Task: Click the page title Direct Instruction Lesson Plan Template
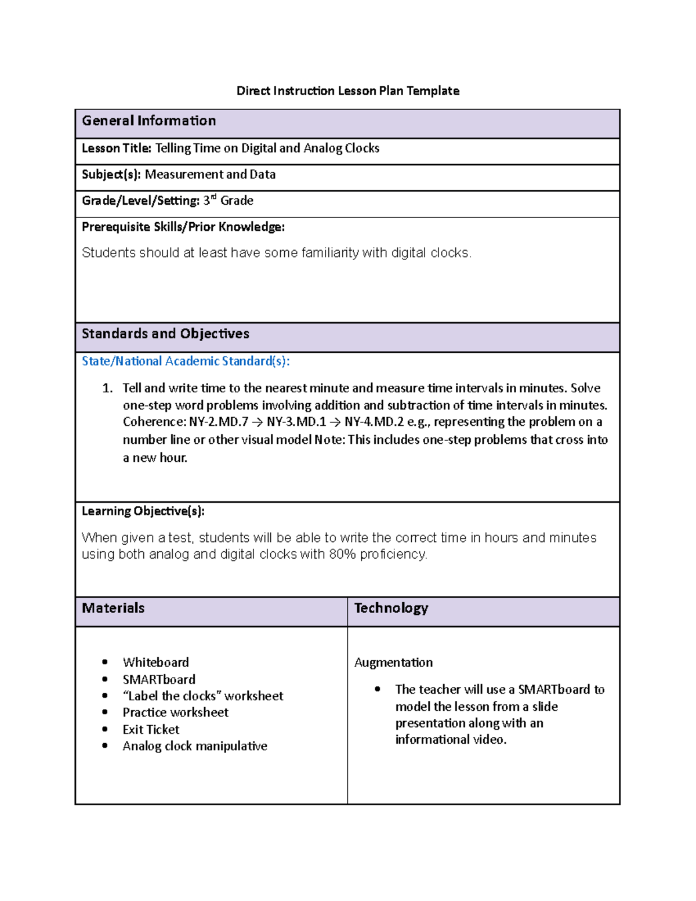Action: (347, 91)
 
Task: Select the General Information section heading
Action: (149, 121)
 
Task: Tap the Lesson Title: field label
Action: (116, 148)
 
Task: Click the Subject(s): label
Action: (111, 174)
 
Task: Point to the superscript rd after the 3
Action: (213, 197)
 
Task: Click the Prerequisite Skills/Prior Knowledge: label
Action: (183, 227)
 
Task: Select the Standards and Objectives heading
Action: (165, 334)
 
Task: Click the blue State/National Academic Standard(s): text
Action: (186, 361)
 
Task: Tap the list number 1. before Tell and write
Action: (107, 388)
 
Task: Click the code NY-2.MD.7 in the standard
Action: (219, 422)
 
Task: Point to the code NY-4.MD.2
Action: (374, 422)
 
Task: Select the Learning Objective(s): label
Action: (143, 511)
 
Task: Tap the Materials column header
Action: (113, 608)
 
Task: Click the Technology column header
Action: (391, 608)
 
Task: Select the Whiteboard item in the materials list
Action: (155, 663)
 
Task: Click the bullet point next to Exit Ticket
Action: (105, 729)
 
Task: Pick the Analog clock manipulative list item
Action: (195, 746)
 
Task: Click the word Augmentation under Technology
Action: (393, 663)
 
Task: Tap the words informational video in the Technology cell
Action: (450, 740)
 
